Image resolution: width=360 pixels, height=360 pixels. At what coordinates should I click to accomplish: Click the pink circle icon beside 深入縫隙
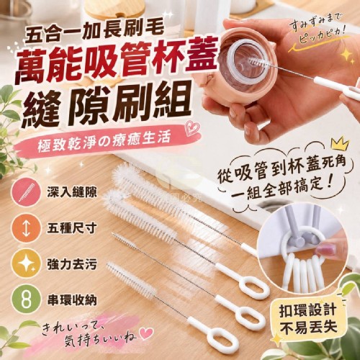tap(27, 192)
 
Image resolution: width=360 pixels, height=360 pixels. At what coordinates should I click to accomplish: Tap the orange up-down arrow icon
tap(27, 229)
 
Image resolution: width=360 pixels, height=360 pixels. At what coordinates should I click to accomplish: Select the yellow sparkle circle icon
tap(27, 264)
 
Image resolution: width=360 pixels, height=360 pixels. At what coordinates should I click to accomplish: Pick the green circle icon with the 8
tap(27, 300)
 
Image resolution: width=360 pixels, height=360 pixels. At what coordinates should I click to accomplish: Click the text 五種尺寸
tap(72, 228)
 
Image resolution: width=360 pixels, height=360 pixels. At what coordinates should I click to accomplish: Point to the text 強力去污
tap(72, 264)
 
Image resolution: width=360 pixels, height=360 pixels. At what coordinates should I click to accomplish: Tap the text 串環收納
tap(72, 300)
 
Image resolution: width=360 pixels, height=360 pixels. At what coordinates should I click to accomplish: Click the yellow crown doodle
tap(339, 143)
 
